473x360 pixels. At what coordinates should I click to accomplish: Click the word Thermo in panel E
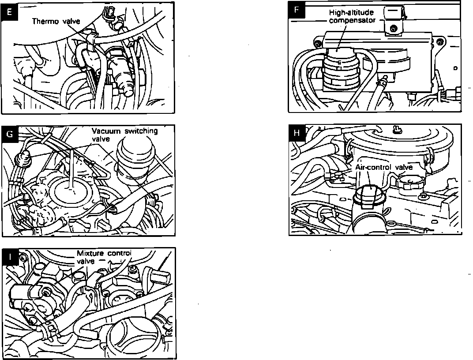[x=44, y=21]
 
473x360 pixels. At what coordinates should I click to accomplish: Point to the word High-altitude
[x=351, y=13]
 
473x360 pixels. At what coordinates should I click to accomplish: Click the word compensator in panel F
[x=352, y=20]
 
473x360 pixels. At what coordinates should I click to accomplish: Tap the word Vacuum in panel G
[x=107, y=131]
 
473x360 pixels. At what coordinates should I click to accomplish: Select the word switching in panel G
[x=140, y=131]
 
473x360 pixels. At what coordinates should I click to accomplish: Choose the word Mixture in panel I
[x=91, y=254]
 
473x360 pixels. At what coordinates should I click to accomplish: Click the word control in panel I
[x=120, y=254]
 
